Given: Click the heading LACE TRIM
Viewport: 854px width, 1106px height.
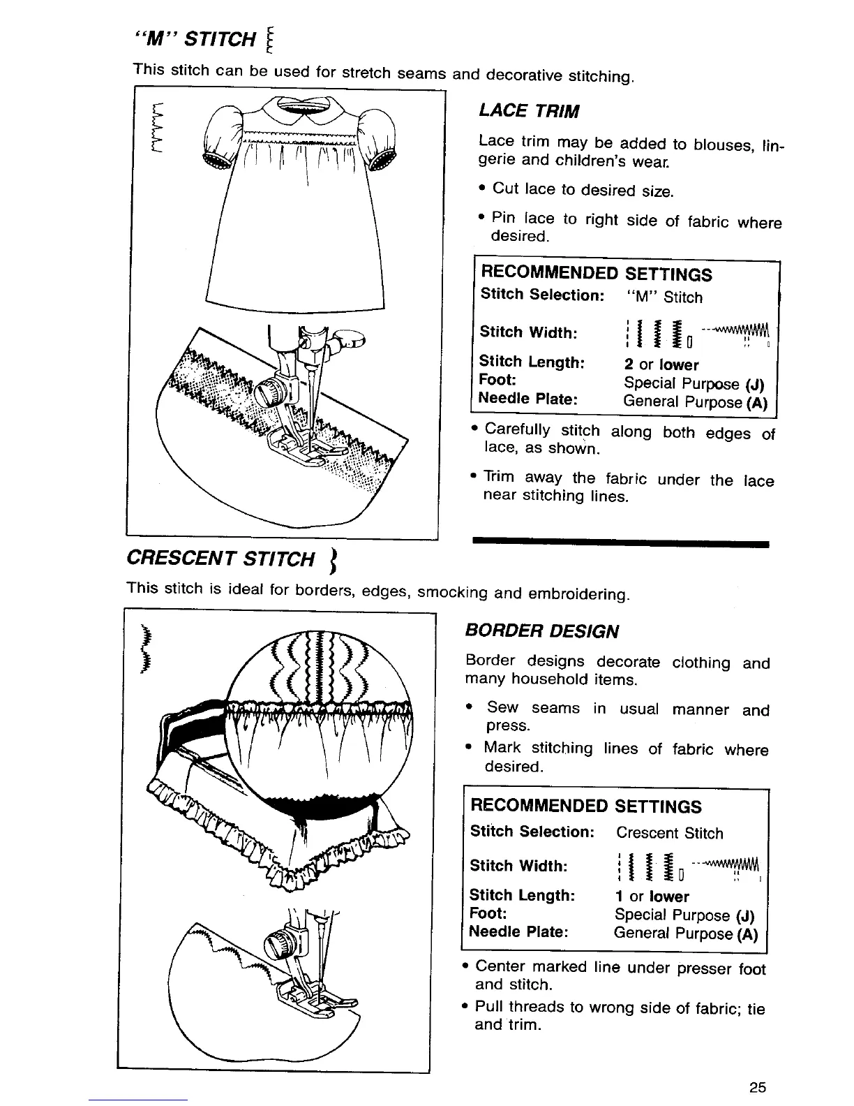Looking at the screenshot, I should (x=529, y=111).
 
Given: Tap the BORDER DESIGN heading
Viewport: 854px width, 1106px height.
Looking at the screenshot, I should (x=541, y=631).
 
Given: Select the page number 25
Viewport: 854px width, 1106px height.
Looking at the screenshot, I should (x=758, y=1087).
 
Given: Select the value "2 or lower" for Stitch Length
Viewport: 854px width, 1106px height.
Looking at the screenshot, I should (x=661, y=364).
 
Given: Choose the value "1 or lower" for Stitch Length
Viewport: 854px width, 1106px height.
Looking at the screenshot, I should (x=652, y=897).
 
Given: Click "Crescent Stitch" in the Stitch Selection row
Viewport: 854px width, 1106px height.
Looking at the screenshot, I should (x=669, y=833).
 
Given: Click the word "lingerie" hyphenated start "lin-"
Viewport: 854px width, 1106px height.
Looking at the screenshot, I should (x=770, y=145).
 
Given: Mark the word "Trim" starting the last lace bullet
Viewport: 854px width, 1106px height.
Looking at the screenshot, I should (x=499, y=478).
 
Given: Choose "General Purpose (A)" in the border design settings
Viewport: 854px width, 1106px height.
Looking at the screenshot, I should (x=685, y=934).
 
